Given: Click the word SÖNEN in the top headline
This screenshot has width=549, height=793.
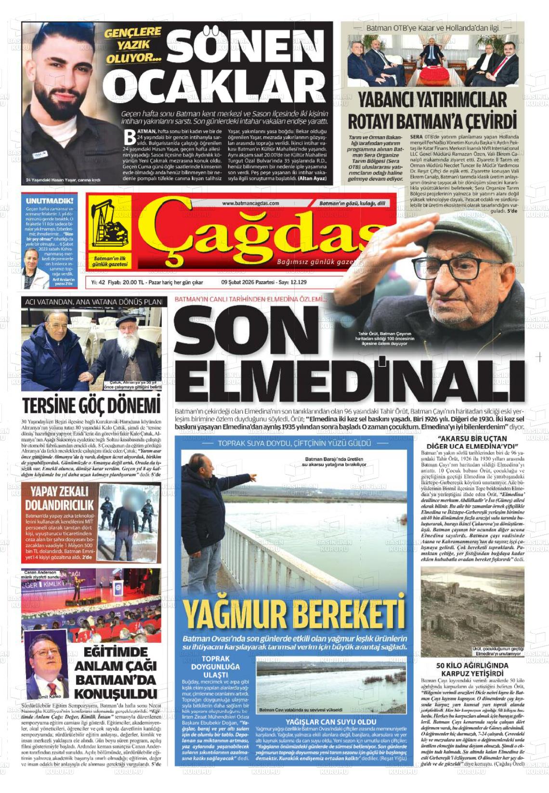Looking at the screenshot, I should click(x=245, y=44).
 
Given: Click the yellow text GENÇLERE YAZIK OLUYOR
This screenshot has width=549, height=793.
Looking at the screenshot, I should click(x=134, y=45).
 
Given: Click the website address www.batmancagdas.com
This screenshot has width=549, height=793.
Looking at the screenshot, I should click(x=250, y=203).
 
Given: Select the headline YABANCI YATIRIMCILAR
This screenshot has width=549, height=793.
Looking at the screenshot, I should click(x=426, y=101).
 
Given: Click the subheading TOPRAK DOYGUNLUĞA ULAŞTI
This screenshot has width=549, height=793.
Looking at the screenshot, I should click(x=215, y=667).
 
